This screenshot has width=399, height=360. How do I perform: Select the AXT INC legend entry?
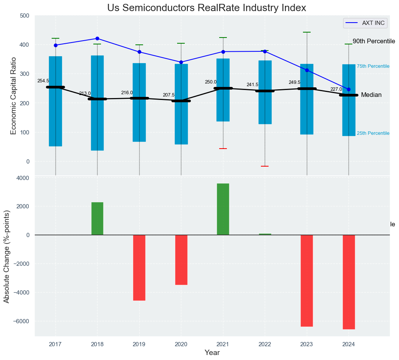tap(365, 23)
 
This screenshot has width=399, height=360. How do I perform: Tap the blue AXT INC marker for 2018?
tap(97, 38)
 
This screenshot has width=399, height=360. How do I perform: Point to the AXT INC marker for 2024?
tap(349, 89)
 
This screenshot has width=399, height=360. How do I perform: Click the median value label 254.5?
tap(43, 81)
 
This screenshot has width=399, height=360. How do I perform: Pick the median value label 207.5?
tap(169, 95)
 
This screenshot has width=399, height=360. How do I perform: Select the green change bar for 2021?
tap(223, 209)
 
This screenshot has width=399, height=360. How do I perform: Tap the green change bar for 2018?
tap(97, 218)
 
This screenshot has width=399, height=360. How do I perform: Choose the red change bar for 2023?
tap(307, 280)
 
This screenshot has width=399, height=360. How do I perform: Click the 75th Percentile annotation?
tap(373, 67)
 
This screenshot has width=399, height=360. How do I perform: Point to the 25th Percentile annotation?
tap(373, 133)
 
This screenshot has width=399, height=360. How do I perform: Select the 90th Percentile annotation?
tap(373, 41)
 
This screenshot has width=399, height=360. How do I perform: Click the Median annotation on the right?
tap(371, 95)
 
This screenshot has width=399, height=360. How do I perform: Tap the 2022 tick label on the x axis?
tap(265, 344)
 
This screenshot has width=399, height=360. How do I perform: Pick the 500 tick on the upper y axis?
tap(24, 16)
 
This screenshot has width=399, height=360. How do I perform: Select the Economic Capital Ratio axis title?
tap(14, 96)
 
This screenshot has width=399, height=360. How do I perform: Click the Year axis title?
tap(212, 353)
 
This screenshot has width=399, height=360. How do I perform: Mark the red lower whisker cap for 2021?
tap(223, 149)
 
